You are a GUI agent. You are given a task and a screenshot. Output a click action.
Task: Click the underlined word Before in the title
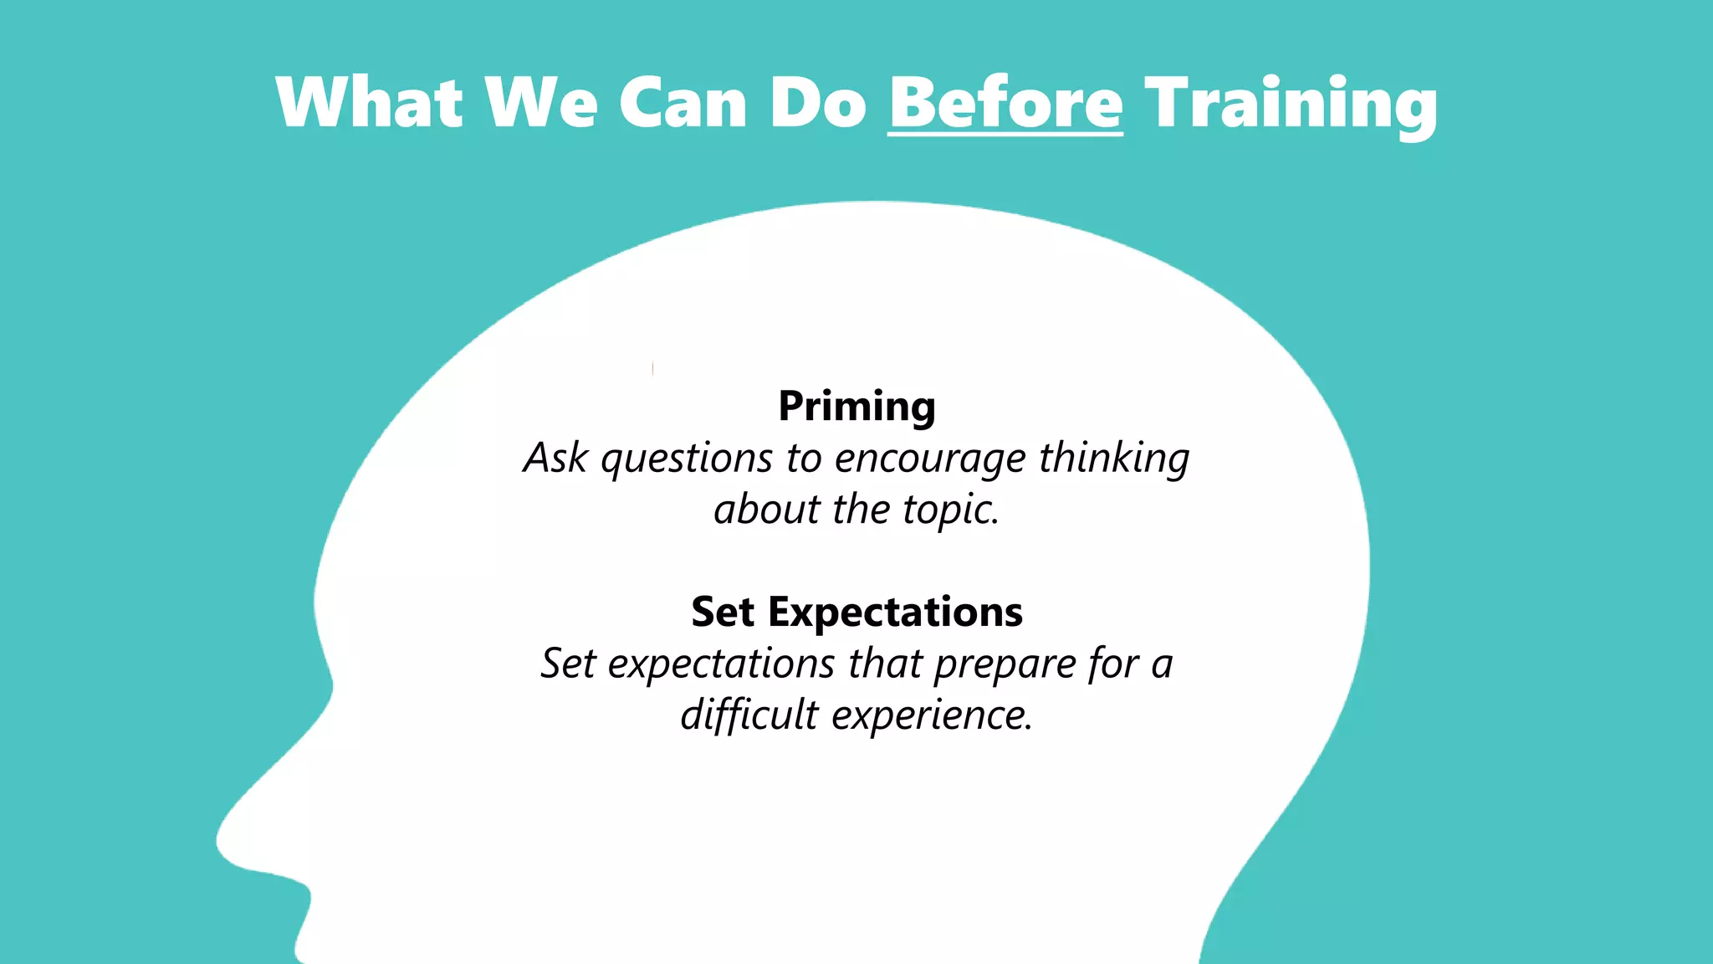(1005, 103)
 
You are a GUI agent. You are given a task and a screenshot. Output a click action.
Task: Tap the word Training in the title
(1291, 105)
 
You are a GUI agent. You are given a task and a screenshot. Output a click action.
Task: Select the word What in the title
(369, 103)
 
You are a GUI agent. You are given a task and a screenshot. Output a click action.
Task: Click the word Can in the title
(682, 103)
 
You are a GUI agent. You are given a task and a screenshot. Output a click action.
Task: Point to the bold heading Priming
(856, 408)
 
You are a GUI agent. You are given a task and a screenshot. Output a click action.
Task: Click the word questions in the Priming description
(686, 459)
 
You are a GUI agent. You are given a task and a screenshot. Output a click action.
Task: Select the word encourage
(930, 459)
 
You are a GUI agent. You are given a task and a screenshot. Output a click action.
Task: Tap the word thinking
(1114, 459)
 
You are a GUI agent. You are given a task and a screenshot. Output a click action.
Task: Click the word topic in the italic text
(949, 510)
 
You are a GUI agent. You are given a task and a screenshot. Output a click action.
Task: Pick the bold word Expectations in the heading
(895, 613)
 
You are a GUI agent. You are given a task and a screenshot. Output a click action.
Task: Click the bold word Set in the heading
(723, 613)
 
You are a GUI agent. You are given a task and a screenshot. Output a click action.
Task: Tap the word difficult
(749, 715)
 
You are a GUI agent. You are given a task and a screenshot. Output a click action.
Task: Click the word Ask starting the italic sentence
(555, 459)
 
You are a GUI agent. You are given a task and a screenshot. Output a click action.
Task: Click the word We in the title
(541, 103)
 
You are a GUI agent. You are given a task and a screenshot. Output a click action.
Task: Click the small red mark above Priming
(652, 368)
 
